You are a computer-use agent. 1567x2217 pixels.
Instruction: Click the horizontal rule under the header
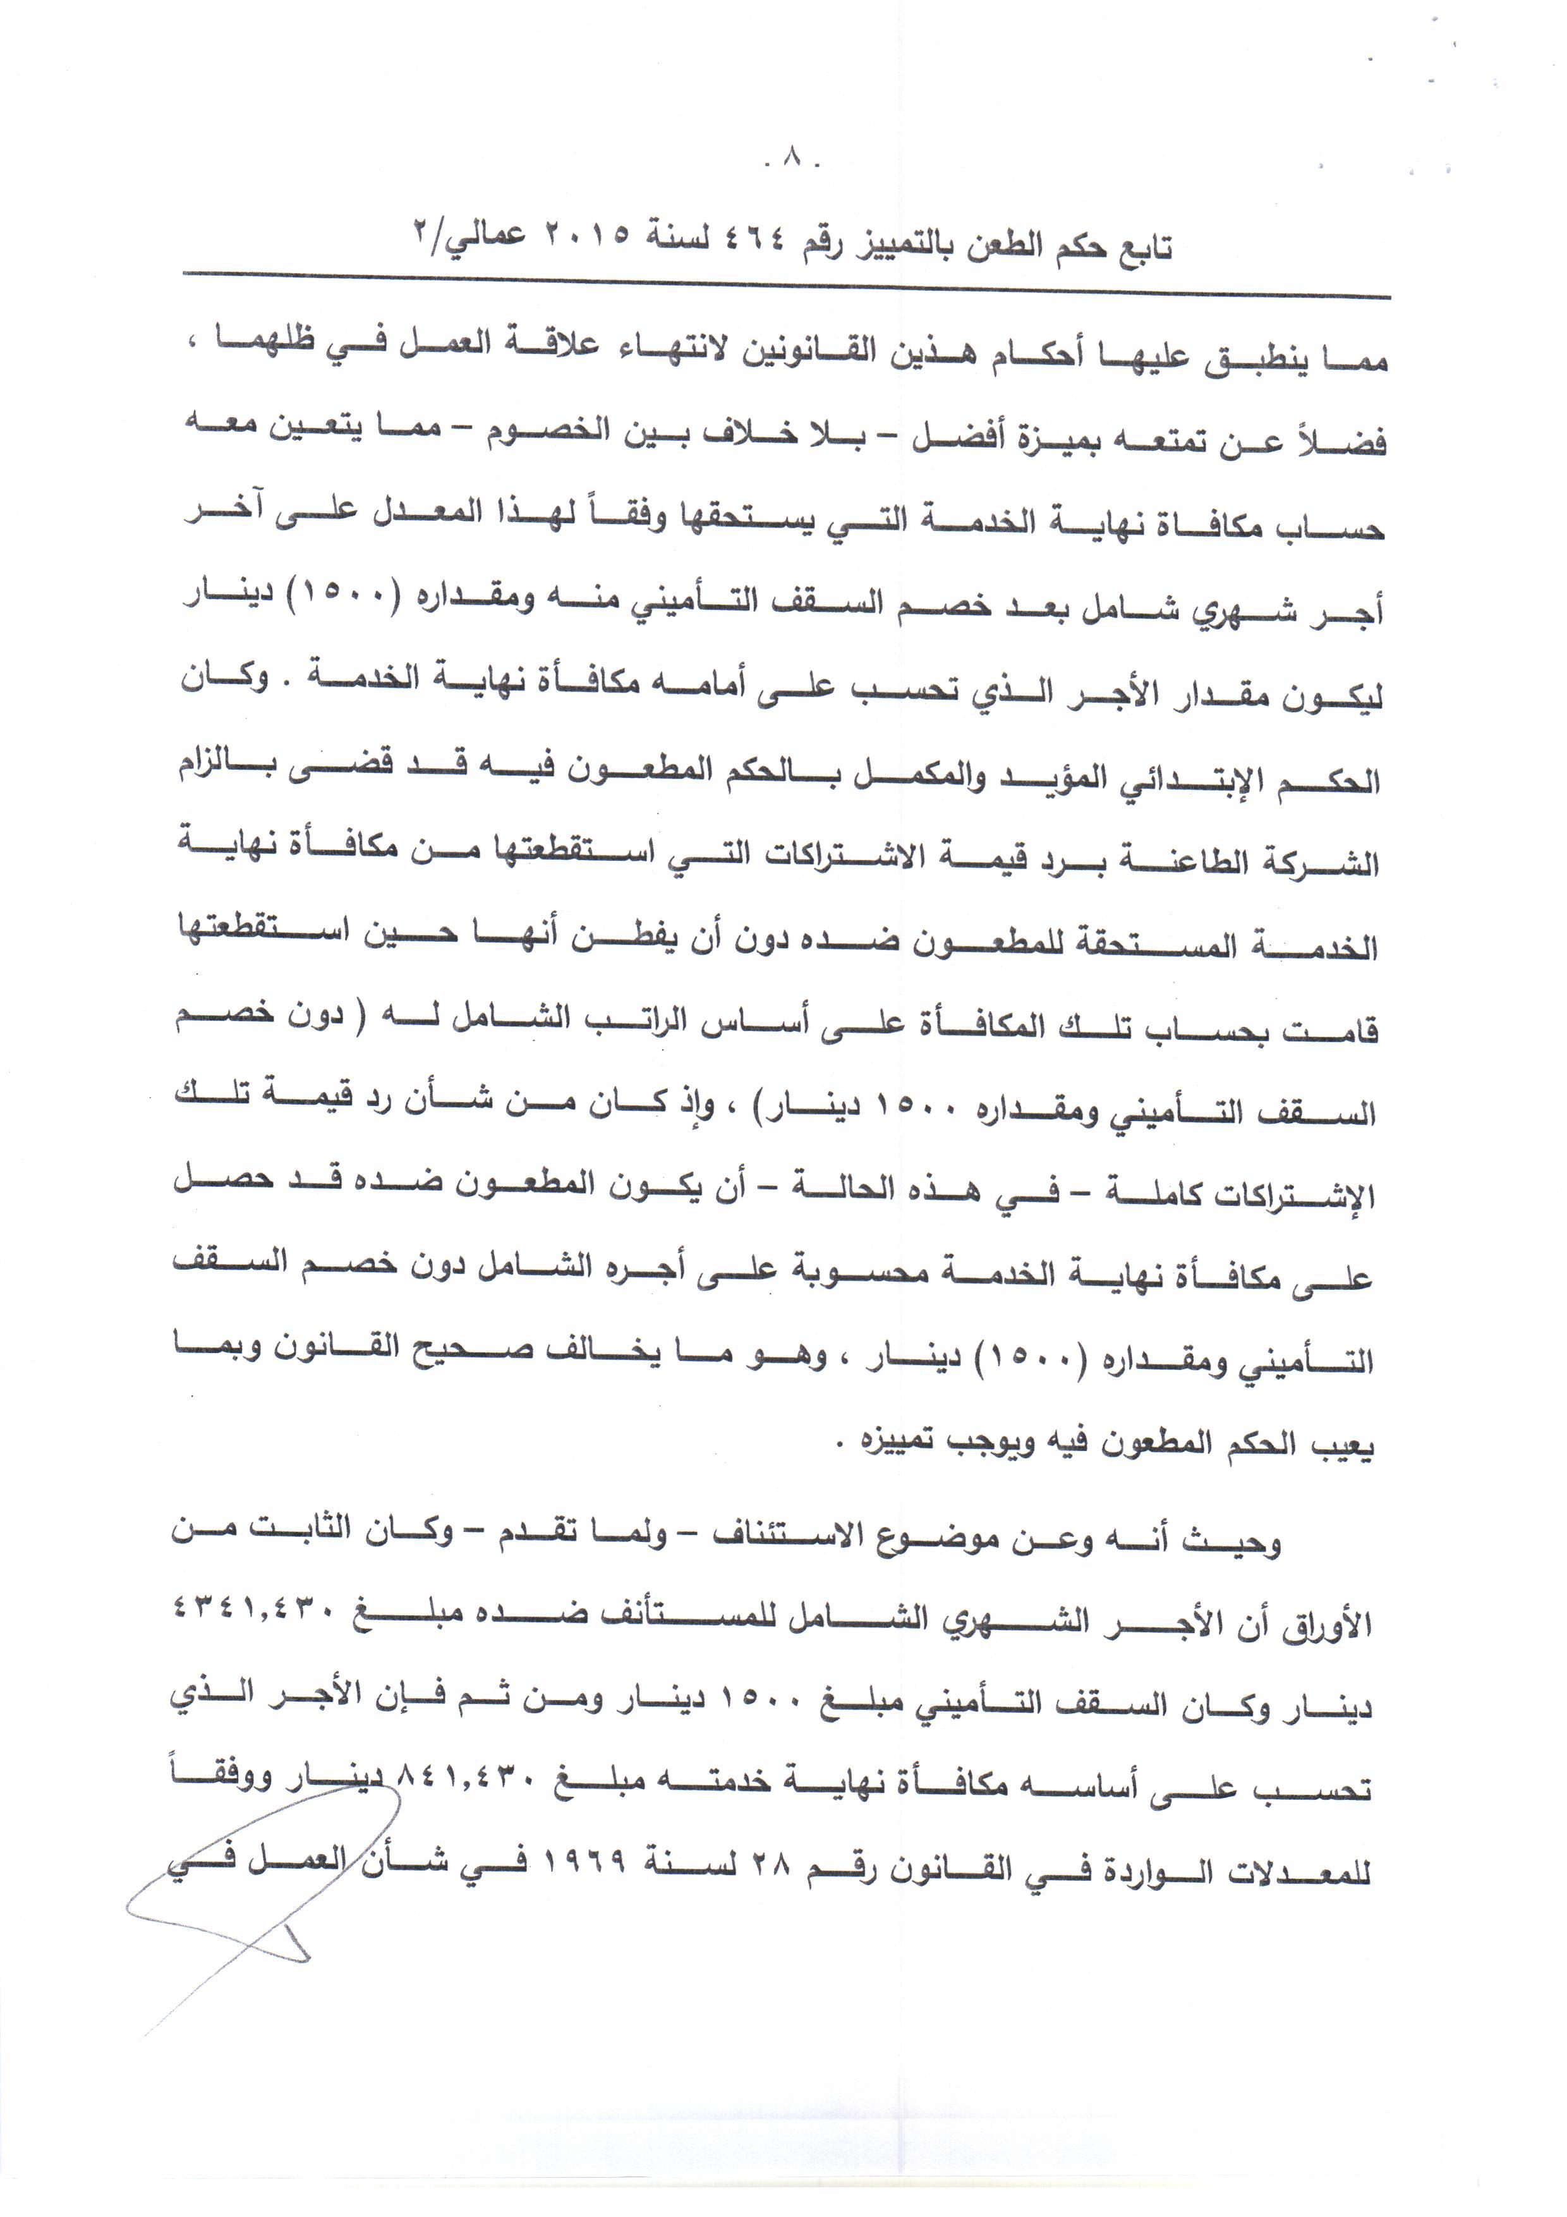[786, 286]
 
